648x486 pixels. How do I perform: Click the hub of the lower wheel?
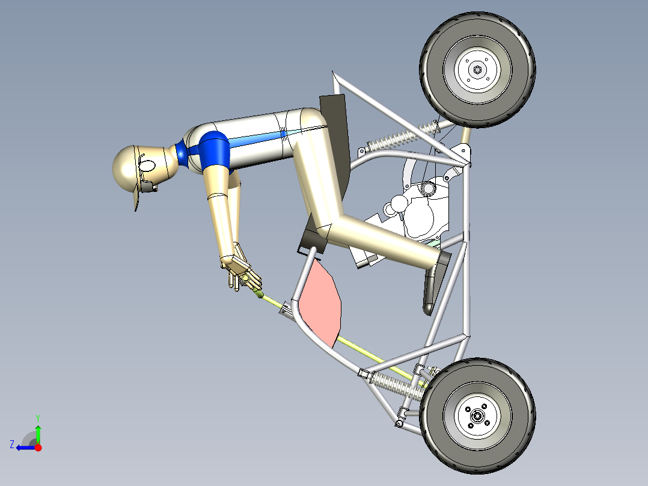click(478, 415)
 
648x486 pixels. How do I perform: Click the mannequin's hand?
click(242, 271)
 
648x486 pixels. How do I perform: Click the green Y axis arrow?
click(38, 432)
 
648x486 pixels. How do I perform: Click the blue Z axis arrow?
click(24, 447)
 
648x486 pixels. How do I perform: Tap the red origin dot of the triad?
click(38, 447)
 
